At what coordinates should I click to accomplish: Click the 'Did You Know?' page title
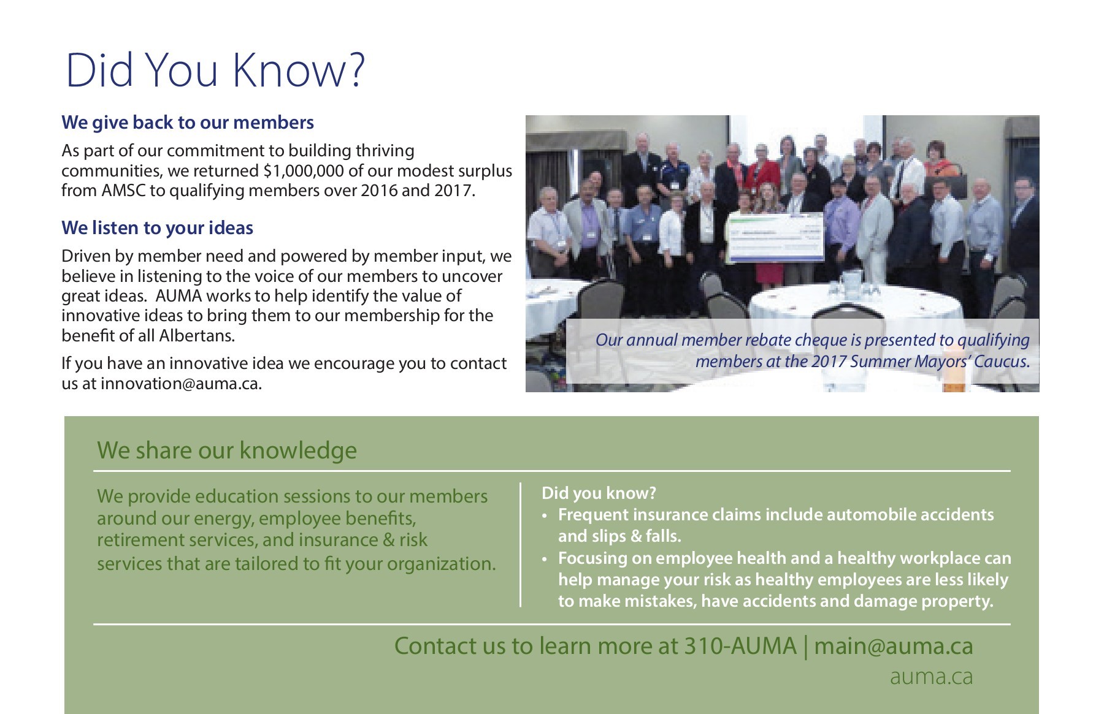click(x=215, y=70)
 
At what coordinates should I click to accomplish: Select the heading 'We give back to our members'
click(x=188, y=123)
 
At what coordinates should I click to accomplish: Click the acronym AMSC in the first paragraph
click(x=124, y=191)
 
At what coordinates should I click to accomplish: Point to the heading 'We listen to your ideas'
click(x=157, y=228)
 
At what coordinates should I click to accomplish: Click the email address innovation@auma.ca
click(x=181, y=384)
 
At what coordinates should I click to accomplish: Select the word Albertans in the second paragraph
click(x=197, y=336)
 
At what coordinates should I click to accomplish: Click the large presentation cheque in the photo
click(x=775, y=237)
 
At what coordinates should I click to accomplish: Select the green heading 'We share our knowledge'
click(x=227, y=450)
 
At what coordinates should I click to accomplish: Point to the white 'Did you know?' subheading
click(x=599, y=493)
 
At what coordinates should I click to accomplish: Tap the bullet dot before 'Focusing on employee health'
click(x=544, y=560)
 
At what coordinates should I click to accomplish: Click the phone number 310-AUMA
click(x=740, y=646)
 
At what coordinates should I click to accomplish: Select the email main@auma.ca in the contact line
click(x=894, y=646)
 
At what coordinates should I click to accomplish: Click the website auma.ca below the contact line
click(x=931, y=677)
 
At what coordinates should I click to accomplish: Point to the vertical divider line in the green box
click(x=520, y=545)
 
